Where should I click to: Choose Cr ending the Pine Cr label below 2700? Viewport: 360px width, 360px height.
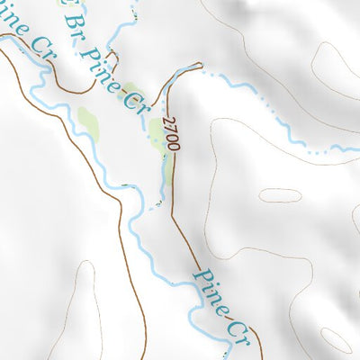[x=238, y=329]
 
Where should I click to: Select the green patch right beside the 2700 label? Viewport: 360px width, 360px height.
[x=157, y=135]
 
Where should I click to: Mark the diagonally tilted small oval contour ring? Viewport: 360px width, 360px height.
[x=335, y=339]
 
